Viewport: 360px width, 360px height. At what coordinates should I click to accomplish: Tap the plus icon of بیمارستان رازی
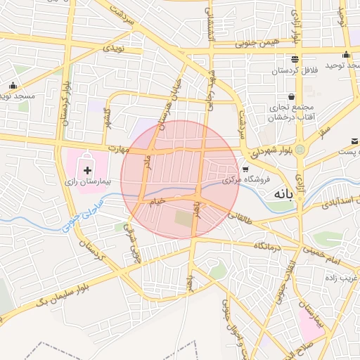87,169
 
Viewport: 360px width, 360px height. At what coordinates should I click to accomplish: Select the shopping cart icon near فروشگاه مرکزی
245,169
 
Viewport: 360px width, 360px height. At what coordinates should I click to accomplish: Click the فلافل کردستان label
295,72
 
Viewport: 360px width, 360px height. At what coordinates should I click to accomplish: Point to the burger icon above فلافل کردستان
295,59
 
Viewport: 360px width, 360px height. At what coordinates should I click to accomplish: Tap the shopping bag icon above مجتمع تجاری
291,96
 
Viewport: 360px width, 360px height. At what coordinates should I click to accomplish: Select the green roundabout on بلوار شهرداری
300,149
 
